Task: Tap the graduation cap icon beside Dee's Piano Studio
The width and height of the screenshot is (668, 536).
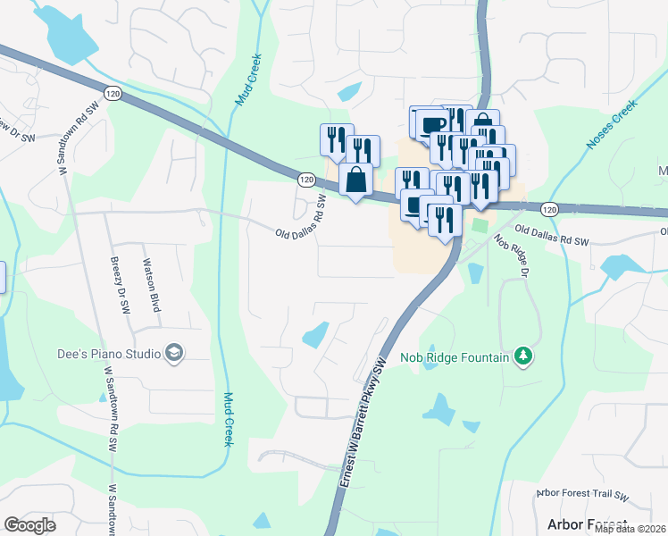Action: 174,354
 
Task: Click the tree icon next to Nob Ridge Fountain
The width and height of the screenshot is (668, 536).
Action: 523,357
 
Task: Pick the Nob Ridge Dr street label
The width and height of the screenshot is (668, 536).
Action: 511,256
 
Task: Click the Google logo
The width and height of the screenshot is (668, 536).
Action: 29,525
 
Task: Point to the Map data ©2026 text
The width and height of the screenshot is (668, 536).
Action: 630,529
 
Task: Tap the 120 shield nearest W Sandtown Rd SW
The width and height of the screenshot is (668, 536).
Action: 111,92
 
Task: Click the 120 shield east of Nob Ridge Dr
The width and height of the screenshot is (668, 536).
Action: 548,208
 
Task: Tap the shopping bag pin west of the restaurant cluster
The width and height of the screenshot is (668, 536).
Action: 355,180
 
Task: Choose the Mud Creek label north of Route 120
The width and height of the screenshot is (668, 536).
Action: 247,80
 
